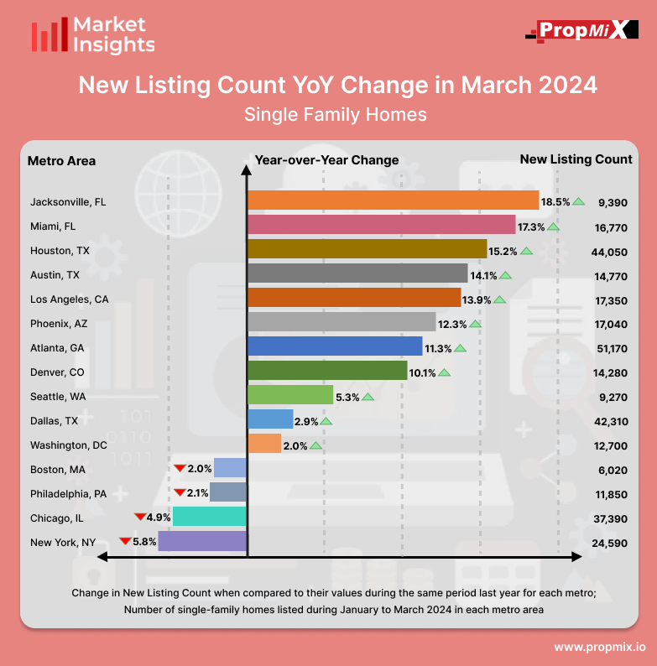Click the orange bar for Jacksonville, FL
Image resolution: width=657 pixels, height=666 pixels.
[393, 200]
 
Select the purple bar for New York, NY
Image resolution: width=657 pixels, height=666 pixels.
[202, 541]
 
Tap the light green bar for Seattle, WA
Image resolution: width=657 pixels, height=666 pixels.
[290, 395]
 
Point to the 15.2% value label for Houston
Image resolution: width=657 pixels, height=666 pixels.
[503, 250]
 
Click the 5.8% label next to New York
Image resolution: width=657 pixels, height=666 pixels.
[144, 541]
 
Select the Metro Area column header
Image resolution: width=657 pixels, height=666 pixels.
[61, 160]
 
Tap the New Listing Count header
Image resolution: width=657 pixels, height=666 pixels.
[576, 159]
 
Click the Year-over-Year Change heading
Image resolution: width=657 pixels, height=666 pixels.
[326, 160]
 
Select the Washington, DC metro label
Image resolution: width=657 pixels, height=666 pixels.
[69, 445]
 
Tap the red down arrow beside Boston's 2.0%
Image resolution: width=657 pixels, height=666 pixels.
[179, 468]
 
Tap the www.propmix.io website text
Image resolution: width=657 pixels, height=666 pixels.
[599, 647]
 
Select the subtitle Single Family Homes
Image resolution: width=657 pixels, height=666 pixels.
[336, 113]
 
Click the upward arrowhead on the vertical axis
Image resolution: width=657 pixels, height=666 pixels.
[246, 170]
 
